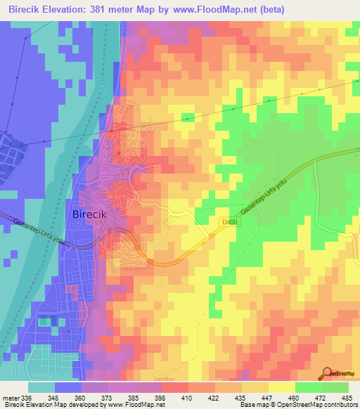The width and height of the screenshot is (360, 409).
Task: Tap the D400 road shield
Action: (x=223, y=221)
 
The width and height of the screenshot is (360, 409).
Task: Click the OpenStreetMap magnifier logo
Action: (x=328, y=372)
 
